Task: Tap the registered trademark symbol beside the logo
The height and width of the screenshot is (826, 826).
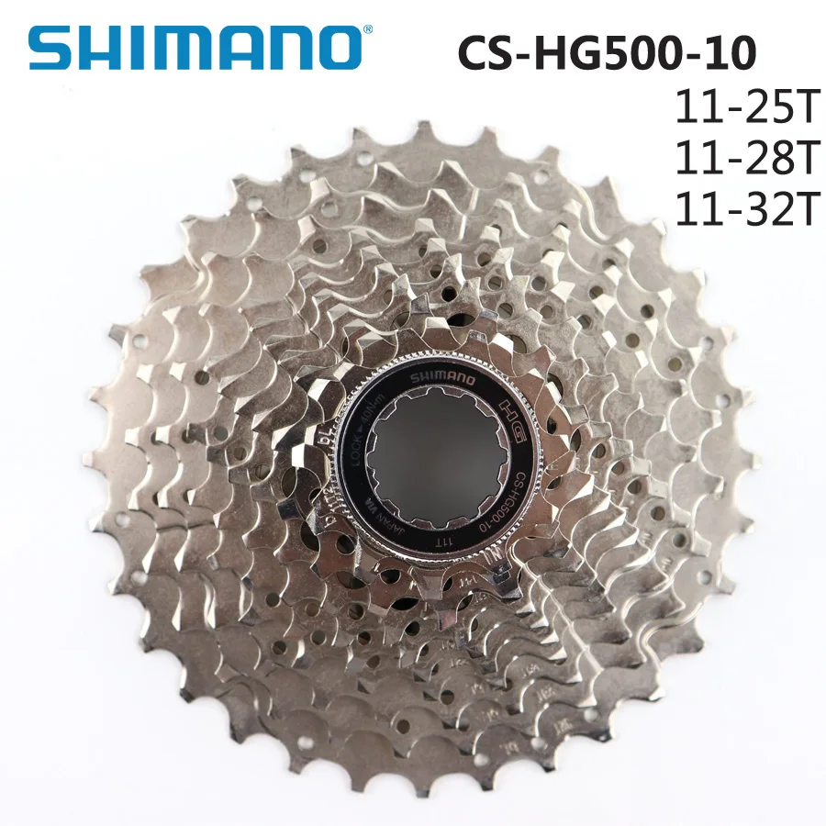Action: pyautogui.click(x=368, y=31)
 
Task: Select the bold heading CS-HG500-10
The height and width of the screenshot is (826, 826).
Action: pyautogui.click(x=608, y=51)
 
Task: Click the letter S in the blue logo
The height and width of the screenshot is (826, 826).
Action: pyautogui.click(x=50, y=48)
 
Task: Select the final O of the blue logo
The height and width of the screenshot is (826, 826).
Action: pyautogui.click(x=332, y=48)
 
